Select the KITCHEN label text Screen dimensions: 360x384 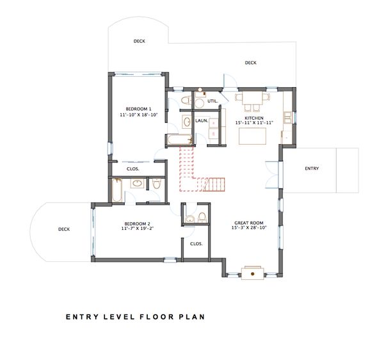(x=254, y=118)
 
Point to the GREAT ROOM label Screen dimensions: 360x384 (x=248, y=224)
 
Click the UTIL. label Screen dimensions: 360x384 (x=213, y=101)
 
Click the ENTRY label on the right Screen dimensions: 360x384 (x=312, y=168)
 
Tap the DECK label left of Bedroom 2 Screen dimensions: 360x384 (x=63, y=229)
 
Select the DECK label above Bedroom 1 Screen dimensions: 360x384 (x=139, y=41)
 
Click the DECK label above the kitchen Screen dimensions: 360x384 (x=250, y=62)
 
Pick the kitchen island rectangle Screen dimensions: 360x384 (x=252, y=136)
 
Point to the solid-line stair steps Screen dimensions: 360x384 (x=215, y=184)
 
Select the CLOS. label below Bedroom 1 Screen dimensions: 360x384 (x=134, y=168)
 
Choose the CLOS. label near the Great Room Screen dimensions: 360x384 (x=196, y=243)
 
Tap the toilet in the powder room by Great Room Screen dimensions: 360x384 (x=202, y=216)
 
